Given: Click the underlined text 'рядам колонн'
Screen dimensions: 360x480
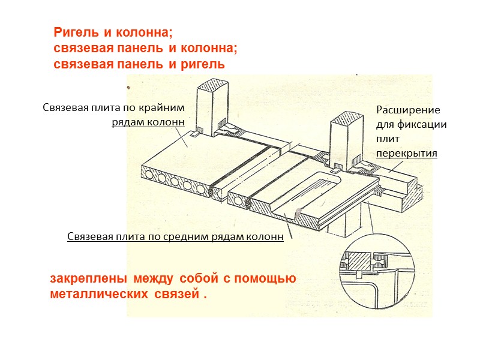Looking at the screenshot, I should pyautogui.click(x=147, y=124).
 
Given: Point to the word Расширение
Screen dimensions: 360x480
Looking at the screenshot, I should pyautogui.click(x=408, y=110).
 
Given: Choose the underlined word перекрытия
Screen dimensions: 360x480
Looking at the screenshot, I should pyautogui.click(x=407, y=154).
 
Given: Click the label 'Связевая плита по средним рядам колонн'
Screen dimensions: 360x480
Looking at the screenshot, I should pyautogui.click(x=175, y=236).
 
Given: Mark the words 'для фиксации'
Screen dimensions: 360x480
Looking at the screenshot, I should pyautogui.click(x=412, y=125).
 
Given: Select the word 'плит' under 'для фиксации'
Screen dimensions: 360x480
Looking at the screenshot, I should pyautogui.click(x=387, y=139).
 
